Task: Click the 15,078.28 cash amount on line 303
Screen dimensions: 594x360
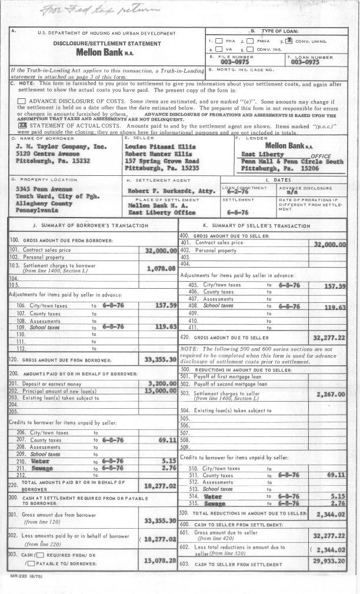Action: point(160,560)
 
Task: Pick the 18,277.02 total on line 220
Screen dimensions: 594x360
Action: point(160,486)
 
